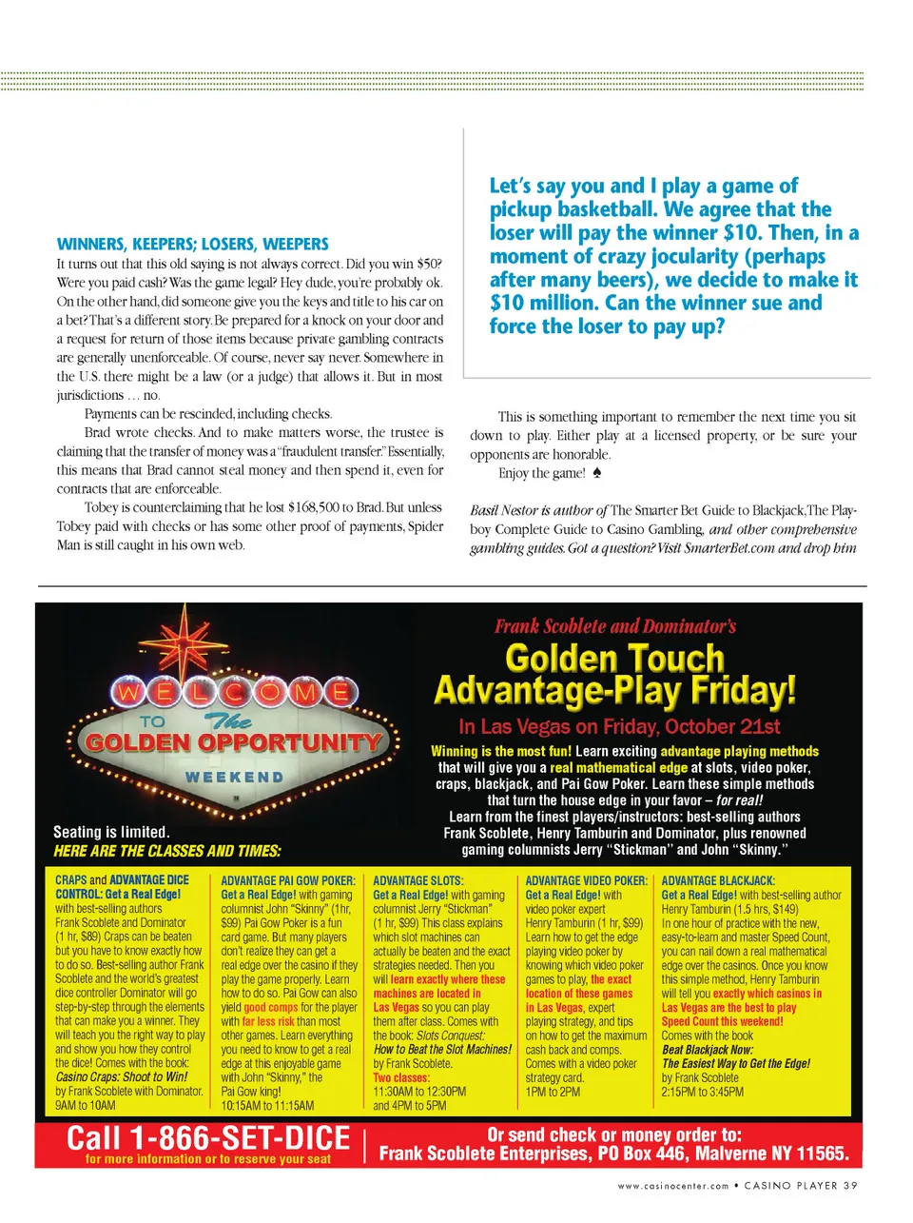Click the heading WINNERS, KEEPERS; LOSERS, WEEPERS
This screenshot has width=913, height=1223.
pyautogui.click(x=192, y=244)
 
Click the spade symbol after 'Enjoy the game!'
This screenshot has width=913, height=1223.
pyautogui.click(x=596, y=472)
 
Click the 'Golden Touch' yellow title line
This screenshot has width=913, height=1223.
pyautogui.click(x=614, y=658)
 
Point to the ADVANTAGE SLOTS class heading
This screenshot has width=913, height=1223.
pyautogui.click(x=418, y=880)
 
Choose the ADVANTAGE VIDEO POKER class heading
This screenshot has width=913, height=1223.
pyautogui.click(x=586, y=880)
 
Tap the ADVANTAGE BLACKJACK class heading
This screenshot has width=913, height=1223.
pyautogui.click(x=718, y=880)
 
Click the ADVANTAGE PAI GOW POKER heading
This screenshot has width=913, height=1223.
pyautogui.click(x=287, y=880)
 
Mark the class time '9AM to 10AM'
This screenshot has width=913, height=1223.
pyautogui.click(x=85, y=1105)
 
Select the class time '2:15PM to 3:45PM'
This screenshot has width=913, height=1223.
pyautogui.click(x=703, y=1092)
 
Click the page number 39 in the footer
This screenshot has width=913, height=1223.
pyautogui.click(x=850, y=1185)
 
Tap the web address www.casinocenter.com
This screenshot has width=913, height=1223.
pyautogui.click(x=672, y=1186)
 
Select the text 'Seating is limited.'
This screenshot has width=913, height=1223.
pyautogui.click(x=111, y=831)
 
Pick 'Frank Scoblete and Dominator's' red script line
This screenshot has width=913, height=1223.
pyautogui.click(x=614, y=625)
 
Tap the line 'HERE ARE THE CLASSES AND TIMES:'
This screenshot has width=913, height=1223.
pyautogui.click(x=166, y=850)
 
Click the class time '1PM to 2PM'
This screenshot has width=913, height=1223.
pyautogui.click(x=553, y=1092)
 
